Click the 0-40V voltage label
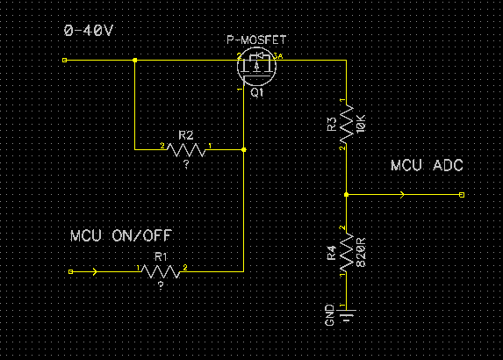pos(89,31)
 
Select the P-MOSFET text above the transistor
pos(256,40)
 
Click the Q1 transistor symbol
pos(256,67)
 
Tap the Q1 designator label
pos(257,93)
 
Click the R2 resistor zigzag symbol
pos(186,150)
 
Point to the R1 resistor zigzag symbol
pos(161,272)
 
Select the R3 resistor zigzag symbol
pos(347,124)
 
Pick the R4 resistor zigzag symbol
pos(347,253)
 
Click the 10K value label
pos(361,124)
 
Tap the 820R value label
pos(361,252)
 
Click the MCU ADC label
pos(427,166)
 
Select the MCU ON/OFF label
pos(121,236)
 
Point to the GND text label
pos(330,315)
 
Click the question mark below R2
pos(186,164)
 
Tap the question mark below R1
pos(161,286)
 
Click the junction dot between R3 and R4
pos(347,195)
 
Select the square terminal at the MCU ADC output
pos(462,195)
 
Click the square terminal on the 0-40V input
pos(64,60)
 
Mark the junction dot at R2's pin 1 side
pos(244,150)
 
